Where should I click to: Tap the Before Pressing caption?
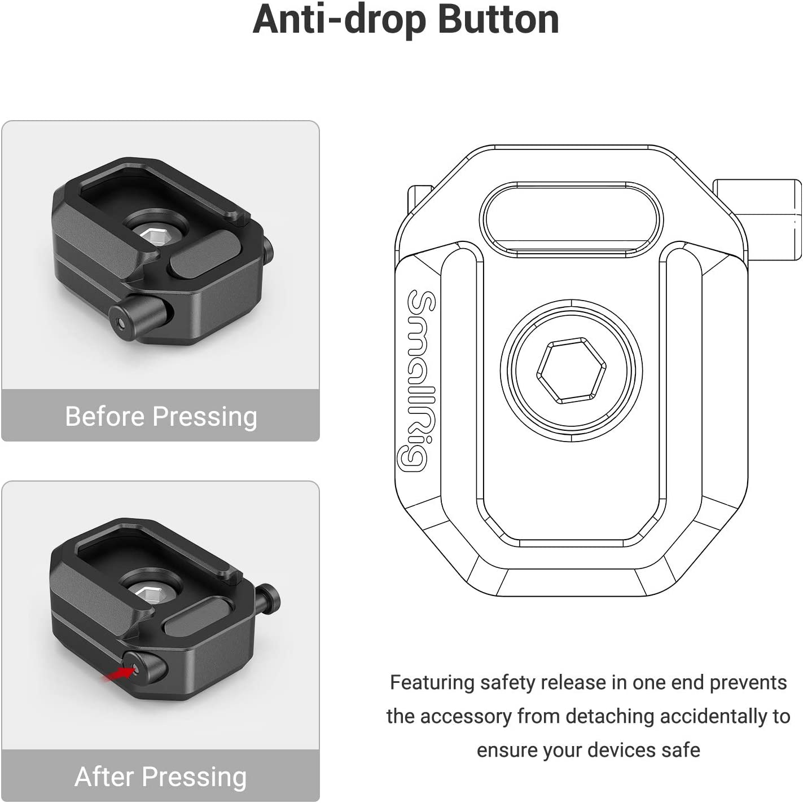point(161,417)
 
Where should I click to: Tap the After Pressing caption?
point(161,776)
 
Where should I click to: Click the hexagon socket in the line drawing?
point(571,370)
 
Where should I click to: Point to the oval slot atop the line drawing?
point(571,218)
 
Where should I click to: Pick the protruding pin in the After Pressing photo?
point(269,594)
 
